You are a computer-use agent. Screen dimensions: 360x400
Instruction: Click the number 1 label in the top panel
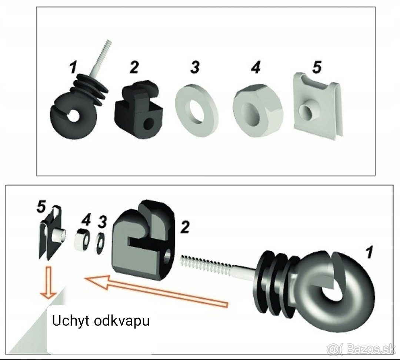tap(73, 67)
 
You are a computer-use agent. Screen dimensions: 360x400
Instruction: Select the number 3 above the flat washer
tap(195, 67)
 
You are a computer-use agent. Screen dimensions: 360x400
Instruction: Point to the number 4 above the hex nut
tap(255, 67)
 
